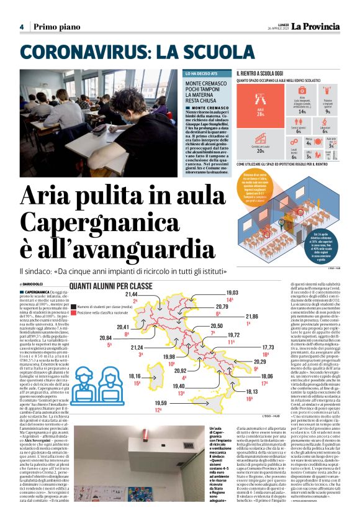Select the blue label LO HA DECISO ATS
(x=202, y=73)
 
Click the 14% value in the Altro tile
(x=302, y=111)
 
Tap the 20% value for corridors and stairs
(x=261, y=150)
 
